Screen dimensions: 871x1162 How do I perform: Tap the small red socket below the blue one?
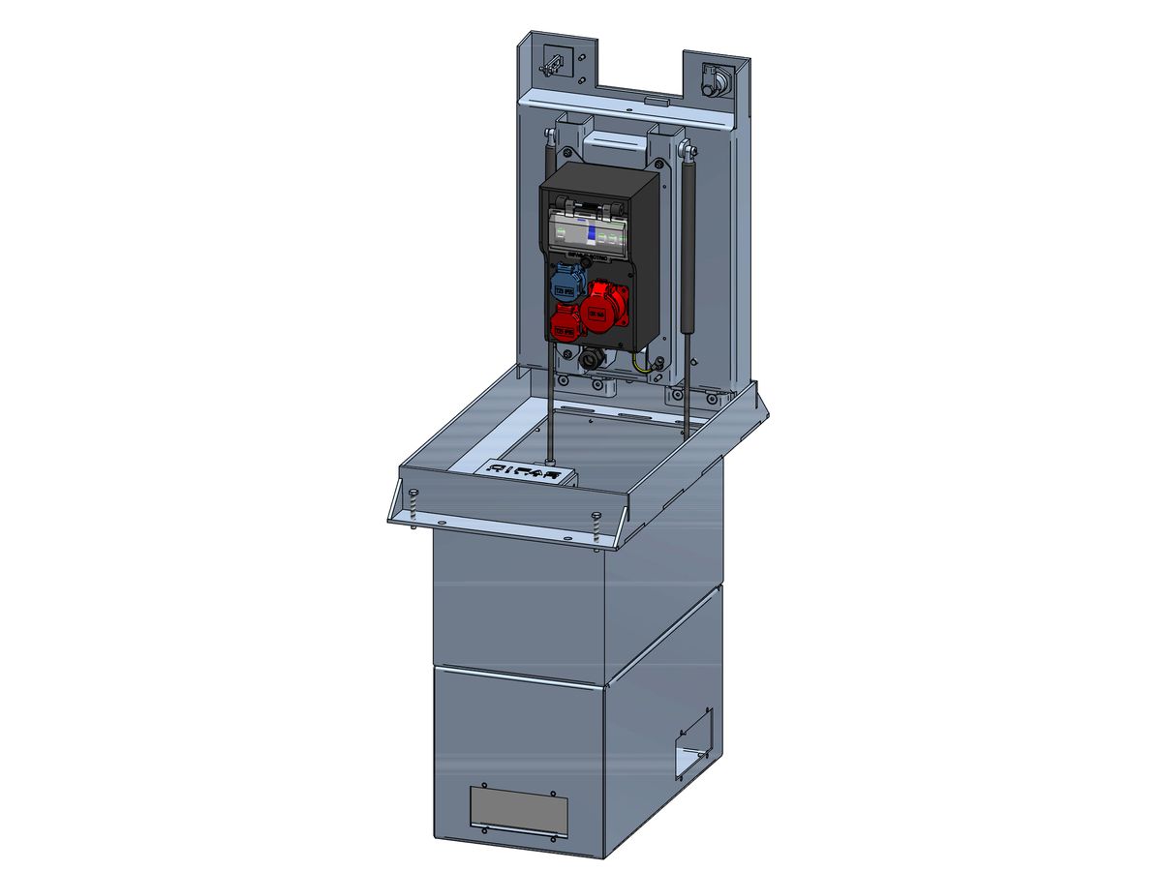[x=566, y=323]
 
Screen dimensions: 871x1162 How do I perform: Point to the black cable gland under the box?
[x=590, y=360]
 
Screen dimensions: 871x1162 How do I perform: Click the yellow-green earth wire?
[x=641, y=365]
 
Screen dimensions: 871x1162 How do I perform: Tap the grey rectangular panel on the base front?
[x=518, y=810]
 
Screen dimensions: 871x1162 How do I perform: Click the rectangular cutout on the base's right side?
[x=694, y=742]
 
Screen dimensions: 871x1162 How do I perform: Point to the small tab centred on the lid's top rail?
[x=655, y=99]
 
